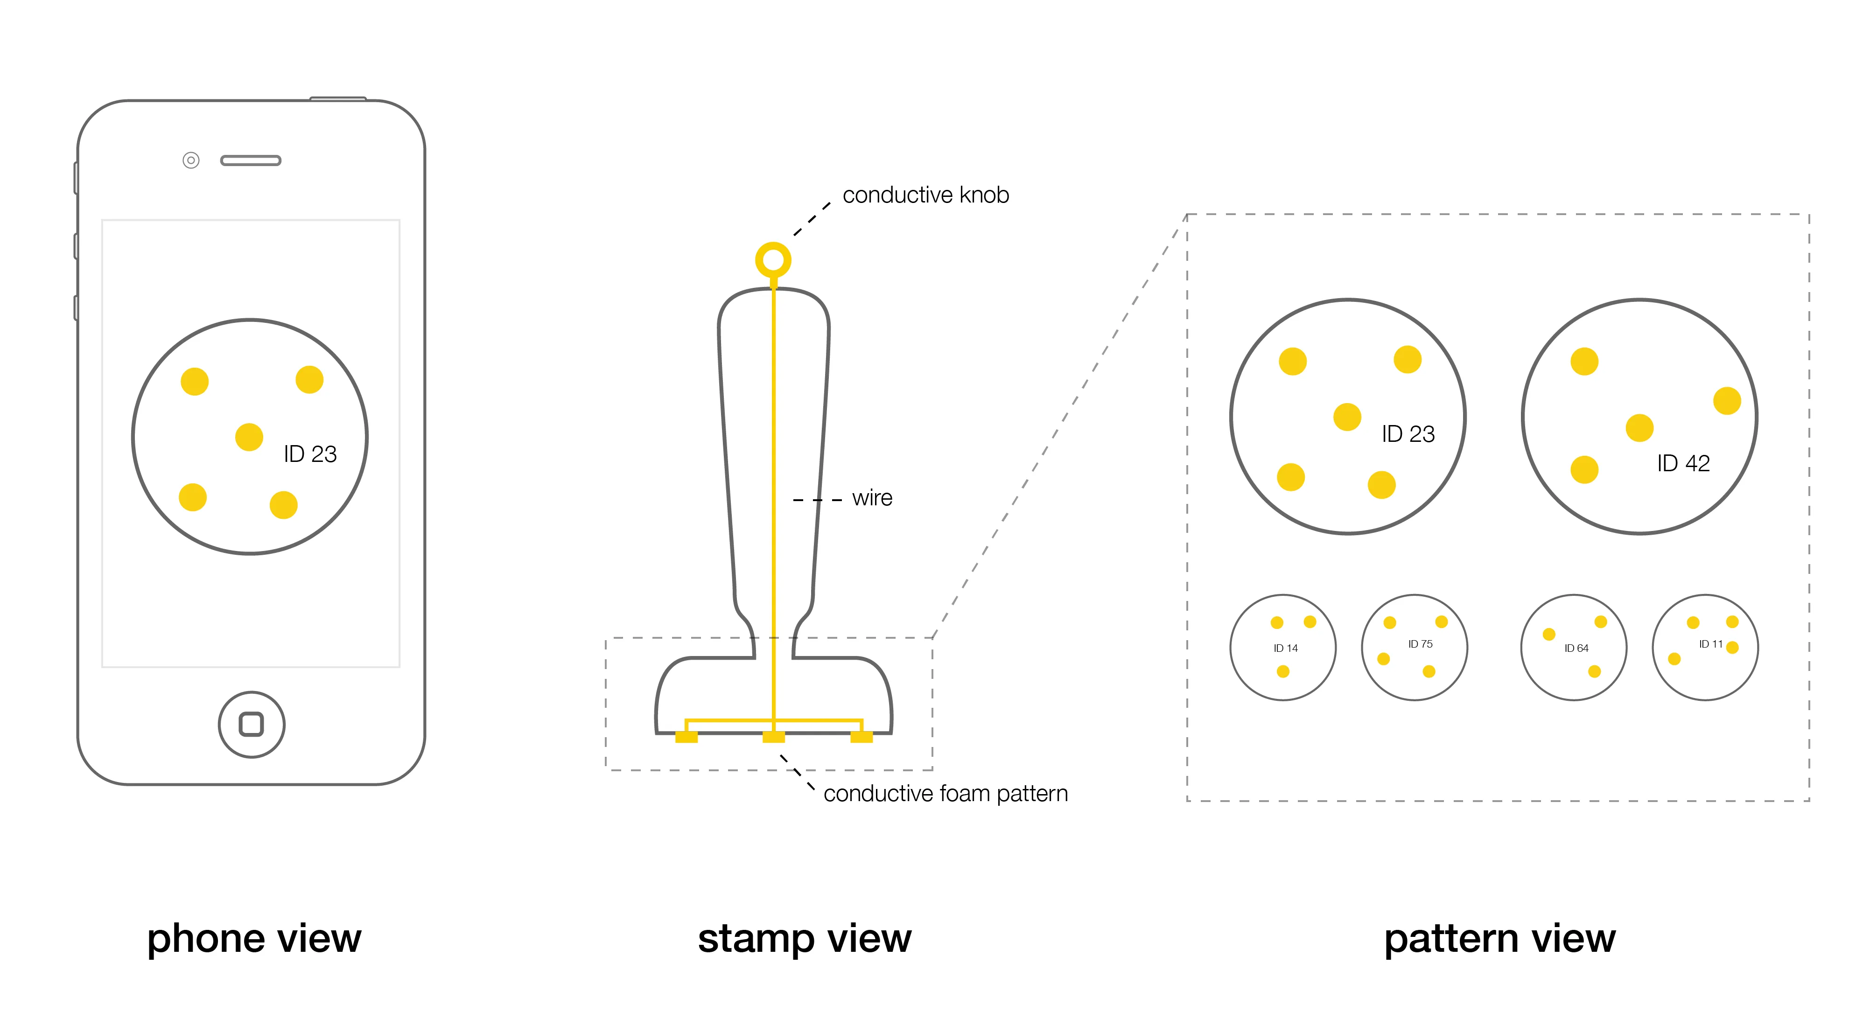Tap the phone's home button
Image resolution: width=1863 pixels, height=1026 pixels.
[x=251, y=725]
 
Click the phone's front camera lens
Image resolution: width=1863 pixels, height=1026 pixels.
[x=191, y=160]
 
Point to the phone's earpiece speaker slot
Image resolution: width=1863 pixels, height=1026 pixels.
[x=250, y=161]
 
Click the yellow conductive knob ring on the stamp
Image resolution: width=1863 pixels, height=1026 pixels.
[x=773, y=259]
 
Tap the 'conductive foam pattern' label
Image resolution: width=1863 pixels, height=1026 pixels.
[x=945, y=794]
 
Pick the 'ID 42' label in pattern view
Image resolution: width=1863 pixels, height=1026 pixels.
[x=1683, y=463]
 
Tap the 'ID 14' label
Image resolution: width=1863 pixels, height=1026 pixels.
[x=1285, y=649]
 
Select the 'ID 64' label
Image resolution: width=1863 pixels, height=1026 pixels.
[x=1576, y=649]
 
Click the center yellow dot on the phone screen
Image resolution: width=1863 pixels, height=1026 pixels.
[x=249, y=437]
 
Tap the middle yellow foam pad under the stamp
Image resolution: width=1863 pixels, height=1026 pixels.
[x=773, y=737]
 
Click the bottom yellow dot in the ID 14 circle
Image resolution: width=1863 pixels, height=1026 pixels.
[x=1283, y=672]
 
